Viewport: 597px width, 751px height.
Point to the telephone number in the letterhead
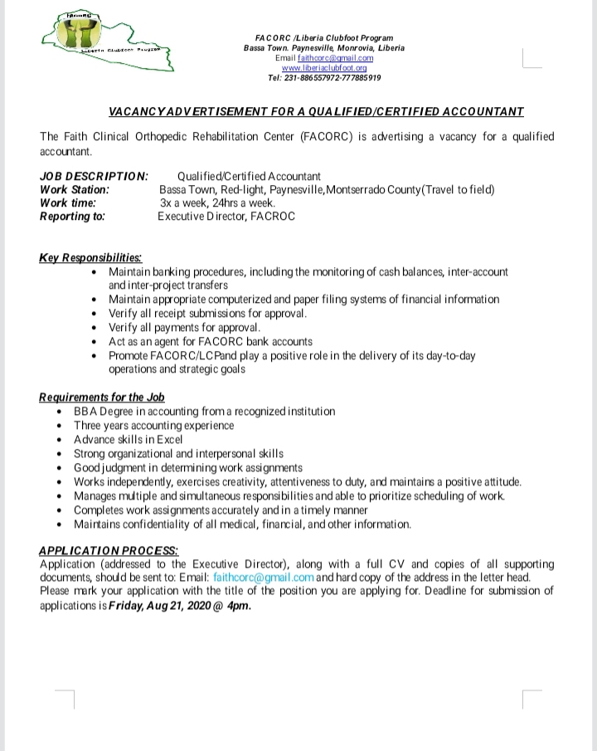point(324,78)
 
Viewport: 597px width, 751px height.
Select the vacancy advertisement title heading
point(316,111)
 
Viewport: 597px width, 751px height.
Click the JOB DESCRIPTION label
point(94,176)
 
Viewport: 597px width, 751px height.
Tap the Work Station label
point(74,189)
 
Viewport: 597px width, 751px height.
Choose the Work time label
point(68,202)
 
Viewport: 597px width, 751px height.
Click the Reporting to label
point(72,216)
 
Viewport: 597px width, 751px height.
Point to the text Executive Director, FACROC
point(226,216)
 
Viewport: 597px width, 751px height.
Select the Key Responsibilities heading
point(90,257)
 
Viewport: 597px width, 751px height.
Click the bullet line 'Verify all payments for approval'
point(184,327)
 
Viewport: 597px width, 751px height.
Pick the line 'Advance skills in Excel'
point(128,439)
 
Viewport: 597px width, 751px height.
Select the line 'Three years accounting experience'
point(153,425)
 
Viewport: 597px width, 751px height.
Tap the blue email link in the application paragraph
point(263,577)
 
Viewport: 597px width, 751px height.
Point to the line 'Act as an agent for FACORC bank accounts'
point(210,341)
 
